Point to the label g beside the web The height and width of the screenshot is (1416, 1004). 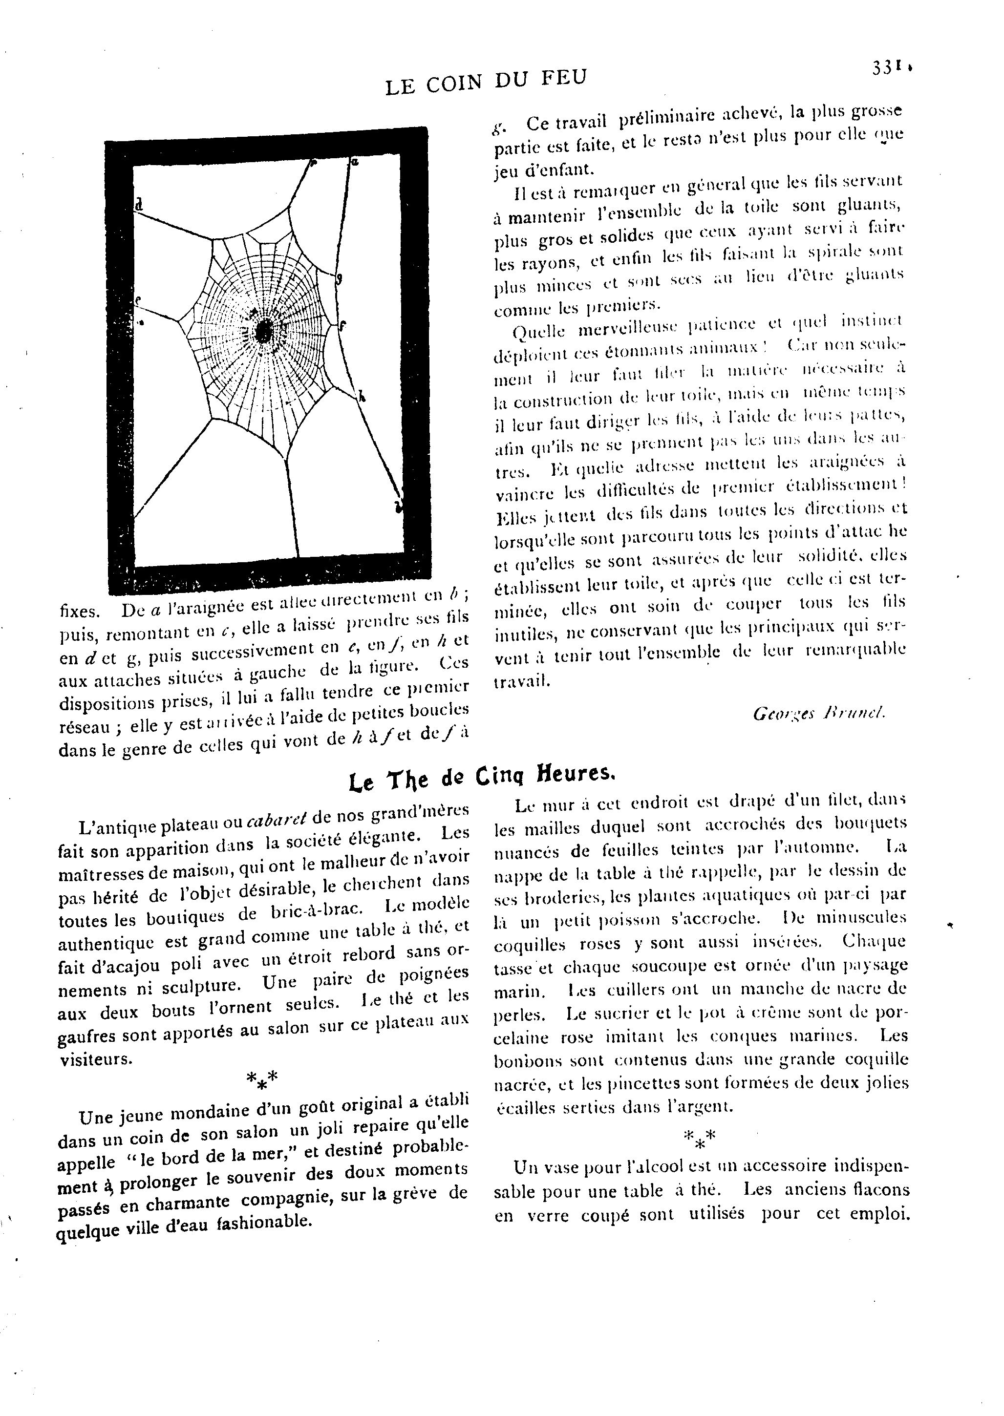[x=338, y=279]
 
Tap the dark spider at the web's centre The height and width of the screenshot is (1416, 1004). [x=264, y=331]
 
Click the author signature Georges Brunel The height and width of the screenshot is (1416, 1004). [x=819, y=714]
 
